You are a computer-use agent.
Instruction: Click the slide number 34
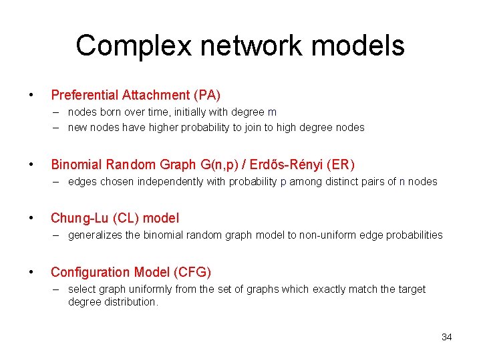pos(446,337)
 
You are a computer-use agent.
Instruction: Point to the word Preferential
pos(85,96)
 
